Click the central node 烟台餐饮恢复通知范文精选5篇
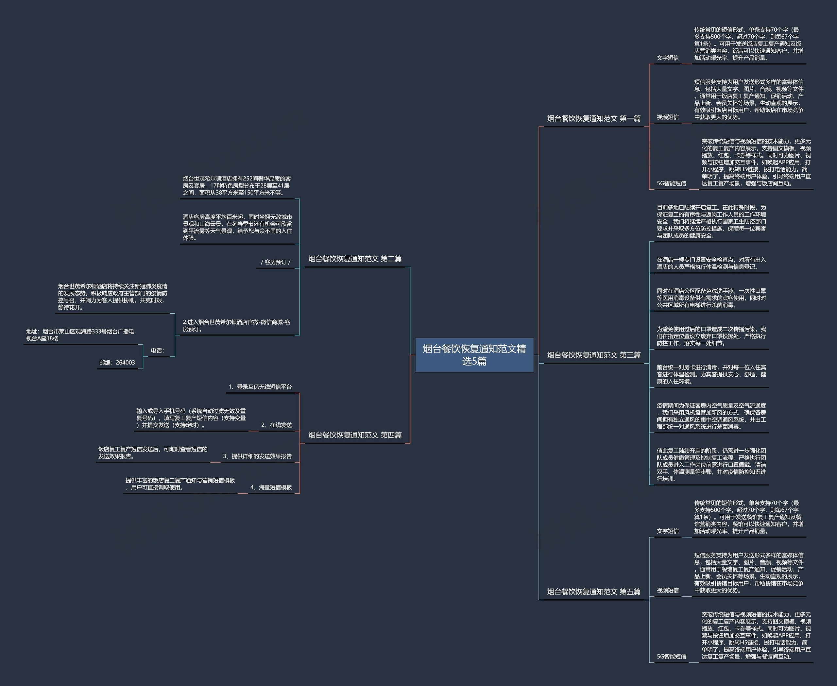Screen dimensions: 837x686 (474, 355)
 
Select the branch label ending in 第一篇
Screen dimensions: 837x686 (593, 119)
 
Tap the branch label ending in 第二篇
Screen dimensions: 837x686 (355, 259)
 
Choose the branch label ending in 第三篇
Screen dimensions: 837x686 (593, 355)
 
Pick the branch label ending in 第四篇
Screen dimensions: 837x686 (355, 435)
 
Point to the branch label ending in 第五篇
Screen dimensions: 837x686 (593, 592)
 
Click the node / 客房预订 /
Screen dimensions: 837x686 (275, 262)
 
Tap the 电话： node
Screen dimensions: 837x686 (157, 351)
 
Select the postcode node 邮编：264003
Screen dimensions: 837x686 (117, 362)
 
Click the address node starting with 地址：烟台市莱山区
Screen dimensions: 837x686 (80, 335)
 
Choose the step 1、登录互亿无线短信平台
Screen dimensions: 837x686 (260, 387)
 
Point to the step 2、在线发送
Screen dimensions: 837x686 (276, 425)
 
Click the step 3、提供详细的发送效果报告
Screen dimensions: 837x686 (257, 456)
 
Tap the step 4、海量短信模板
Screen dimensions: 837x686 (271, 487)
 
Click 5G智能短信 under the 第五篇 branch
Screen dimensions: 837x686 (672, 656)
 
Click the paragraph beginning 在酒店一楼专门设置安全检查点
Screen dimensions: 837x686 (711, 263)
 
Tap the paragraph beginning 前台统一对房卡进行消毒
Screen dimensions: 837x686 (711, 374)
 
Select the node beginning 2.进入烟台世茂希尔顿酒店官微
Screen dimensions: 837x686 (236, 326)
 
